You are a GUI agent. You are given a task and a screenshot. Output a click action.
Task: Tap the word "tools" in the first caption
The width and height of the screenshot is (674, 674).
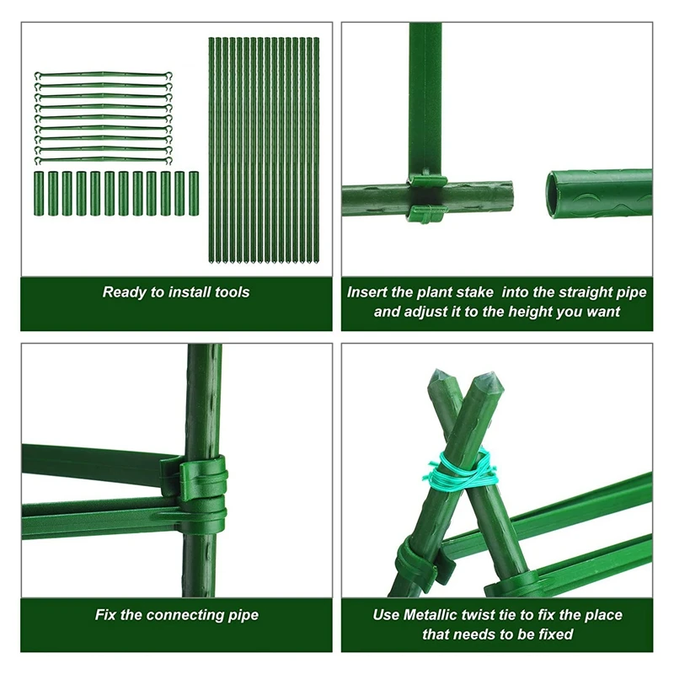pos(232,292)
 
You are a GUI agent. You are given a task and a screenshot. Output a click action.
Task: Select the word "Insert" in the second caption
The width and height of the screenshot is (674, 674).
pos(367,292)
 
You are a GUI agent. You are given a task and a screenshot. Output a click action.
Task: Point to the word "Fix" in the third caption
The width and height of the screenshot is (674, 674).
pos(106,615)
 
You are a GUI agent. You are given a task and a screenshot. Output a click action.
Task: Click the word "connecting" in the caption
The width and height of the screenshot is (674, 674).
pos(180,615)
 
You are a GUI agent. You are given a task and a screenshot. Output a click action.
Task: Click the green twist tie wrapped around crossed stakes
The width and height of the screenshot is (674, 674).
pos(459,472)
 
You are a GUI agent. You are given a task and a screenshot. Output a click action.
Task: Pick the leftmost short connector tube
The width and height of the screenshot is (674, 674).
pos(39,193)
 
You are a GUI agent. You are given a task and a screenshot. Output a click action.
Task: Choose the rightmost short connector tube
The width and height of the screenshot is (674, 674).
pos(192,193)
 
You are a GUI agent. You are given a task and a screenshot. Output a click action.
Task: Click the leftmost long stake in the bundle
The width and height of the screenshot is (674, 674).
pos(212,152)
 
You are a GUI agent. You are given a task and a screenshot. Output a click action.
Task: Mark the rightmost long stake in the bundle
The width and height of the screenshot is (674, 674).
pos(316,152)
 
